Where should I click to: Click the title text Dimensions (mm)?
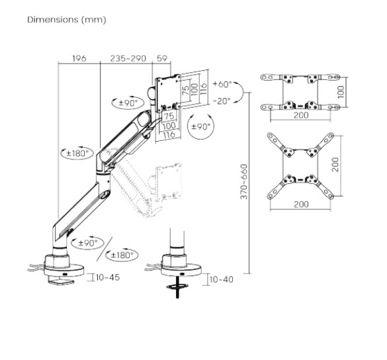coord(66,20)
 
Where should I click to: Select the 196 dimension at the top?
coord(79,59)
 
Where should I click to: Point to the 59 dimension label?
coord(162,59)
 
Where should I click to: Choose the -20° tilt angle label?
coord(222,101)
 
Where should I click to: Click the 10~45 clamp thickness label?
coord(108,277)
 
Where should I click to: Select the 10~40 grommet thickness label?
coord(221,279)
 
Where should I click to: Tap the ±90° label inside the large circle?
coord(200,126)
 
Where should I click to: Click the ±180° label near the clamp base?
coord(123,255)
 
